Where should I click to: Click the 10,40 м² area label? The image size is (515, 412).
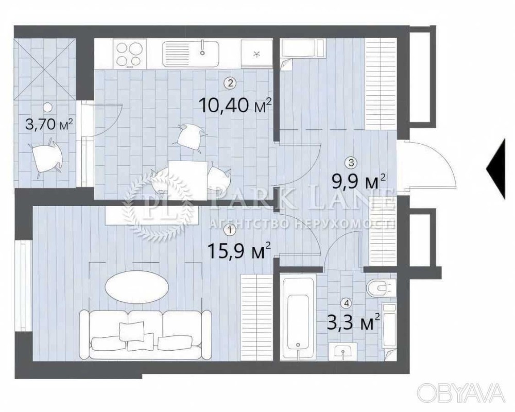(x=235, y=106)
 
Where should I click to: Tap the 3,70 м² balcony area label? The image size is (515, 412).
(x=49, y=125)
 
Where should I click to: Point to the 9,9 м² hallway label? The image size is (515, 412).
(x=358, y=182)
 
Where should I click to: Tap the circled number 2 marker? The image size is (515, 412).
(x=230, y=83)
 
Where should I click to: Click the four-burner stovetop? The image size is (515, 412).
(x=129, y=54)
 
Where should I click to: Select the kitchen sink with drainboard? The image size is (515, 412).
(x=191, y=54)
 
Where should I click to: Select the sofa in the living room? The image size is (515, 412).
(x=146, y=334)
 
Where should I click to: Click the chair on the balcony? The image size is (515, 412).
(x=47, y=157)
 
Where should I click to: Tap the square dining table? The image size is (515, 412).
(x=187, y=180)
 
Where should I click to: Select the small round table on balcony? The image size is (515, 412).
(x=48, y=107)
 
